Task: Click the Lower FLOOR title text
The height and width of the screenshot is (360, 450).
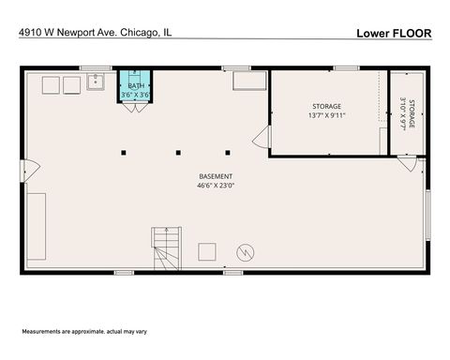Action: pos(393,33)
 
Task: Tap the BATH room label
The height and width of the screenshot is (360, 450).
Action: pos(136,86)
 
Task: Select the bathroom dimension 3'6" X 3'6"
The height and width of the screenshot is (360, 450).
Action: pos(136,96)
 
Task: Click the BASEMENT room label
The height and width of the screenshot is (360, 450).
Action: pos(216,176)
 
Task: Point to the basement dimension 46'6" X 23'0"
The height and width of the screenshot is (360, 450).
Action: pos(216,186)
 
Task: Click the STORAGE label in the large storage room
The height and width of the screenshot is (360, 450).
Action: pos(326,107)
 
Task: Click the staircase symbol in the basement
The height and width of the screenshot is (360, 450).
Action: pos(166,249)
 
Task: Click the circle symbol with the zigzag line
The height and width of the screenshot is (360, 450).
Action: pos(245,251)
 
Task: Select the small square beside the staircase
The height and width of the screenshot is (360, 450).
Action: pos(206,250)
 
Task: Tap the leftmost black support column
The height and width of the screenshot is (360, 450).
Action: pos(124,151)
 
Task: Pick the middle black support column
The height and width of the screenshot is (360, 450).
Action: pos(176,151)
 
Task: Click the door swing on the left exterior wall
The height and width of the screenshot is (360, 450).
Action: pos(31,171)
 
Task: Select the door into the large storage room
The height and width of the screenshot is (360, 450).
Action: pos(262,139)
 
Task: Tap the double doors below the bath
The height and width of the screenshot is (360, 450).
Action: pos(136,108)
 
